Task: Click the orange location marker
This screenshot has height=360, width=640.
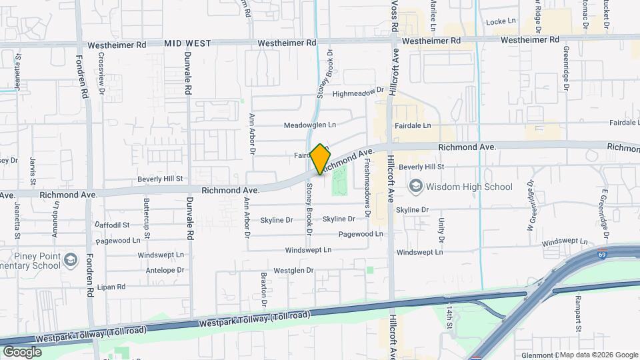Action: [x=321, y=159]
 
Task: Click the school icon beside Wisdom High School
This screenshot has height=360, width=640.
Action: [x=416, y=186]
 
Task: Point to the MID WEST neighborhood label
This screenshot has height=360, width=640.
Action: [x=187, y=43]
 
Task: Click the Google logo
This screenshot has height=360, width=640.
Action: [x=22, y=352]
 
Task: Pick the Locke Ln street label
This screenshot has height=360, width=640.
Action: [x=502, y=21]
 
